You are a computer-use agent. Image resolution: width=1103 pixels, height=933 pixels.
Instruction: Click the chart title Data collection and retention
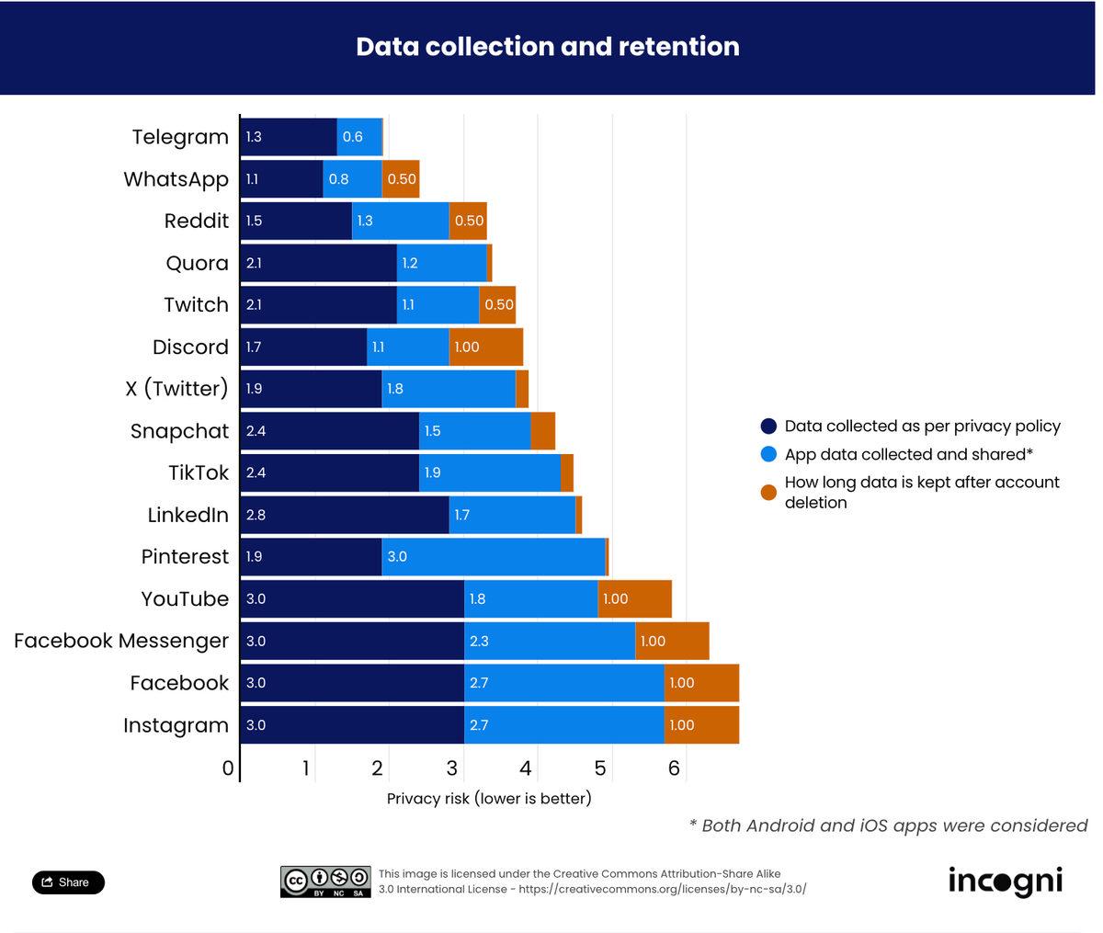(x=548, y=47)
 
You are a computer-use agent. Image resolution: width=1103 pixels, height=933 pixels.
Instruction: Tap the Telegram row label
(x=180, y=137)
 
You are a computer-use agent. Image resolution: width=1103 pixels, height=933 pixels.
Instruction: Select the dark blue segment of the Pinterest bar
(x=311, y=557)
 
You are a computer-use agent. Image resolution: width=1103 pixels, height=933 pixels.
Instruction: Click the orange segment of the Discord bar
(x=486, y=347)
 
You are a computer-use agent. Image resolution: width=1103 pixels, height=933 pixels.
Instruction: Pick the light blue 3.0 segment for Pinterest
(x=494, y=557)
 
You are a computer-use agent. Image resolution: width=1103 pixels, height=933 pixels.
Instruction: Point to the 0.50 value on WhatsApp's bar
(x=402, y=179)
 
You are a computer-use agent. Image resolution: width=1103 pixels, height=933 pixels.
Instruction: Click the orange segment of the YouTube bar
(x=635, y=599)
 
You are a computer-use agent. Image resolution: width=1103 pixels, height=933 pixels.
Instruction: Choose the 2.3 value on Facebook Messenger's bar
(x=479, y=642)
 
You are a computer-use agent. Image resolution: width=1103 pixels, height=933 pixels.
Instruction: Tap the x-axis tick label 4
(x=526, y=768)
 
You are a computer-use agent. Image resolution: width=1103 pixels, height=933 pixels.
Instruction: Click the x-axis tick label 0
(x=228, y=768)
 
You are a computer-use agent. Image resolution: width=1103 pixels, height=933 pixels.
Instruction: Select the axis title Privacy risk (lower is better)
(x=489, y=799)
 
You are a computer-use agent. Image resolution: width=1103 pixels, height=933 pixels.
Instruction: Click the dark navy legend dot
(x=769, y=427)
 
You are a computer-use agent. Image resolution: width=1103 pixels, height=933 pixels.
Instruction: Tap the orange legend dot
(x=769, y=493)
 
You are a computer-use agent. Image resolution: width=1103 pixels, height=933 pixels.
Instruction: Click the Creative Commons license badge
(x=325, y=882)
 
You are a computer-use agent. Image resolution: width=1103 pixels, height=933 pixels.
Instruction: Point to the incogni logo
(x=1006, y=882)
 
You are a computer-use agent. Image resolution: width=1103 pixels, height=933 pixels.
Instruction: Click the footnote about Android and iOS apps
(x=888, y=825)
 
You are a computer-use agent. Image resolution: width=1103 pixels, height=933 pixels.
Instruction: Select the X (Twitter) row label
(x=176, y=389)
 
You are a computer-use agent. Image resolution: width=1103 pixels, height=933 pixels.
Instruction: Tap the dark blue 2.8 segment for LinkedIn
(x=345, y=515)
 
